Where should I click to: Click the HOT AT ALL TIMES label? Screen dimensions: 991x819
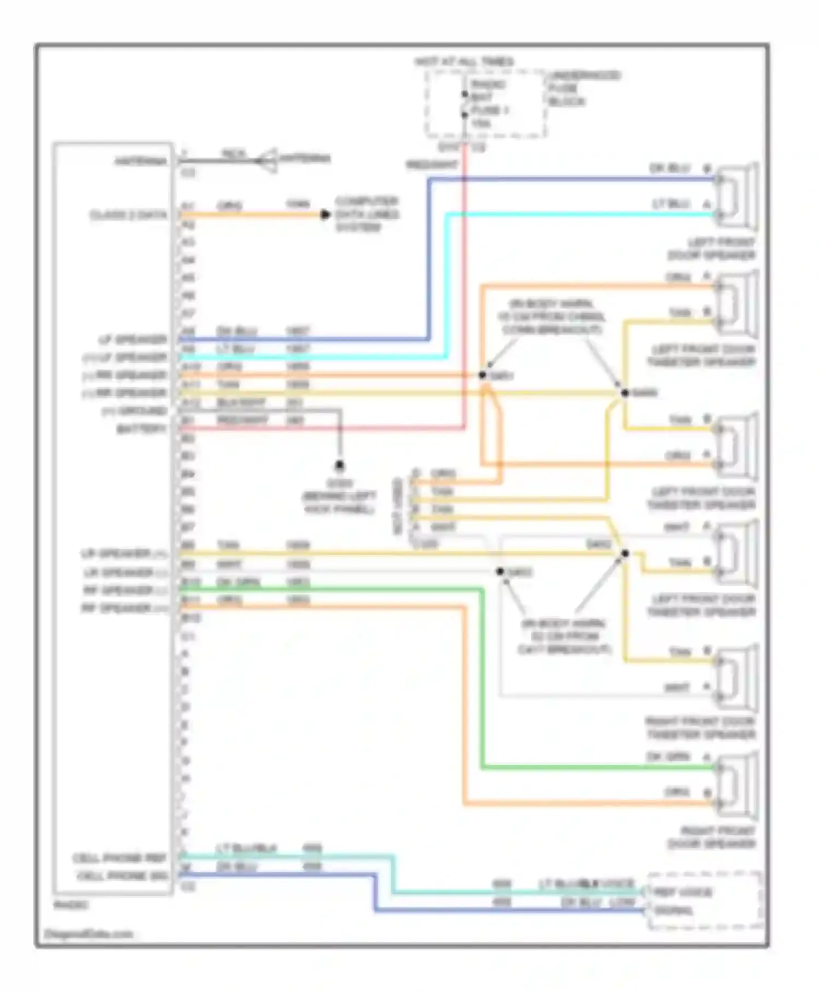click(464, 62)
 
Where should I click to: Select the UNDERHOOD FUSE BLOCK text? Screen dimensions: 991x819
click(584, 88)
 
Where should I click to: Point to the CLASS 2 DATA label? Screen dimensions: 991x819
click(128, 215)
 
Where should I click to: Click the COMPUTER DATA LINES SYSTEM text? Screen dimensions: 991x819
click(366, 214)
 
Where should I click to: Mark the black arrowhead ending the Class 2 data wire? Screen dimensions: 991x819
click(325, 214)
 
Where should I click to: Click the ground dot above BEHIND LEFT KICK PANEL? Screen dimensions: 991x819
click(340, 465)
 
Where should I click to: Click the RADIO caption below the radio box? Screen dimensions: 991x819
click(71, 905)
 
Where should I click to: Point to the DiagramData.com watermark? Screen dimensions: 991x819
click(88, 934)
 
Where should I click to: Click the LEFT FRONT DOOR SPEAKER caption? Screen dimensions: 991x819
click(711, 249)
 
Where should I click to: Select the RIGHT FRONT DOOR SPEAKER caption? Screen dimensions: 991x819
click(711, 837)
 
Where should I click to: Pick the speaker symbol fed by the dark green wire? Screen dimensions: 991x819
click(737, 786)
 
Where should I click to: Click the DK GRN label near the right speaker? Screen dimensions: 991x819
click(668, 757)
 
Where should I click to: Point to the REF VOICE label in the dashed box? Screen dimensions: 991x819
click(682, 893)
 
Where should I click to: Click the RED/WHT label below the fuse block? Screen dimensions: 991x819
click(431, 164)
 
